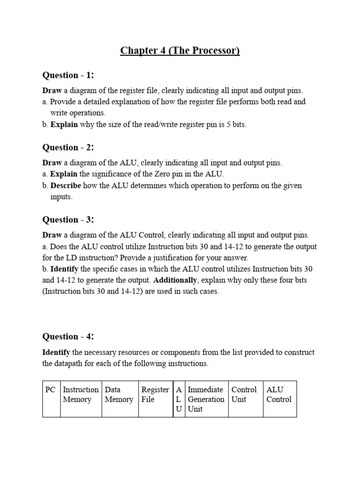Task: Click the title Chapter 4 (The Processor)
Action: [180, 51]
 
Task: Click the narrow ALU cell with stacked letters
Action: [179, 399]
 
